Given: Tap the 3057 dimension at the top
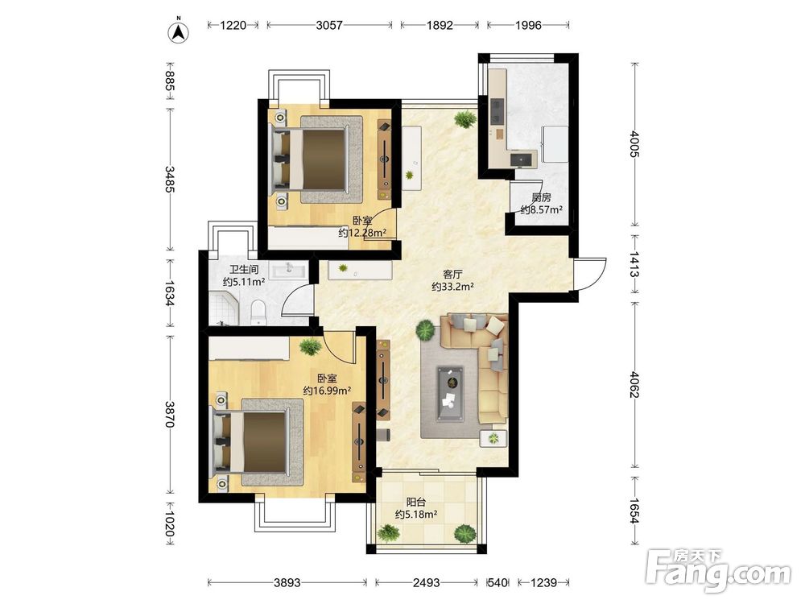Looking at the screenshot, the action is point(329,25).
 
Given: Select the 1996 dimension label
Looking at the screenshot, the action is point(528,25).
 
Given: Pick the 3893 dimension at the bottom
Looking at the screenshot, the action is point(287,582).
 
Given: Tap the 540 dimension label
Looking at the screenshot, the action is point(497,582).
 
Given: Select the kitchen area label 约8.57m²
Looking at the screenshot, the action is point(542,209).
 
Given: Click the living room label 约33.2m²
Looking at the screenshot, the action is point(452,287).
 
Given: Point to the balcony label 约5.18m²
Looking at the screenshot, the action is point(416,514).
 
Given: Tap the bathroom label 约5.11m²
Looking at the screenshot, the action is point(244,281).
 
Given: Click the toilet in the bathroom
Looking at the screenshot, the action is point(258,312).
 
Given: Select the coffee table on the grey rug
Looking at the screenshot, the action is point(450,394).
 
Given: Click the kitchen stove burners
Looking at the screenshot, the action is point(497,110).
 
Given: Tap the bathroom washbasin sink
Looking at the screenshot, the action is point(287,270).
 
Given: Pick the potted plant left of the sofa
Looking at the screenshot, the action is point(426,329).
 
